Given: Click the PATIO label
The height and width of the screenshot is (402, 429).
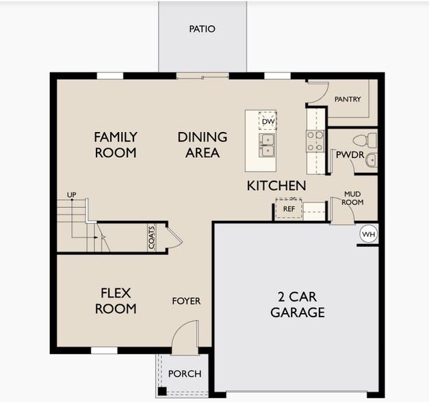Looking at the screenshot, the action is [203, 29].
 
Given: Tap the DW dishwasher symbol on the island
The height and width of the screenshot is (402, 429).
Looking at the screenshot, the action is [268, 120].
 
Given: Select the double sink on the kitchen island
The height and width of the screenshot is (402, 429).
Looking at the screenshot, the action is [267, 145].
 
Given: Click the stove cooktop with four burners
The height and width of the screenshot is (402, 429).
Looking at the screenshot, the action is [315, 141].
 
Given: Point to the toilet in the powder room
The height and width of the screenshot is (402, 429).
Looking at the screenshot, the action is [365, 140].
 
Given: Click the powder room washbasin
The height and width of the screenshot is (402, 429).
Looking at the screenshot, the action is [372, 160].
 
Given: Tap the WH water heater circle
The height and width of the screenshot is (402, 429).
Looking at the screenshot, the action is [369, 234].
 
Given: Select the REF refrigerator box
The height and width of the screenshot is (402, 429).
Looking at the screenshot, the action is [289, 209].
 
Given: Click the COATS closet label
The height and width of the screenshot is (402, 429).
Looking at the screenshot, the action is [152, 238].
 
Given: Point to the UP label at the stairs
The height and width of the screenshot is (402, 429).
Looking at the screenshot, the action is [72, 195].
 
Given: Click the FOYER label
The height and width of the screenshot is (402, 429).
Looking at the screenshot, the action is [186, 301].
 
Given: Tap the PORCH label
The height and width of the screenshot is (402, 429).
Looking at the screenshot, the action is [185, 374].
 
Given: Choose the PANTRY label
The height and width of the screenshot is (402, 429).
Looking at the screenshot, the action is [348, 99].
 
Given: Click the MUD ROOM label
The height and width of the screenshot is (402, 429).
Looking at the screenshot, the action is [352, 198].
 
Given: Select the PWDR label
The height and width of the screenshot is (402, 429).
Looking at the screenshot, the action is [350, 155].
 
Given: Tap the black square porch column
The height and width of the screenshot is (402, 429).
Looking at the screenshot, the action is [162, 391].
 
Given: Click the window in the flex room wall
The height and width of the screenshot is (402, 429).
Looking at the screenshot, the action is [104, 350].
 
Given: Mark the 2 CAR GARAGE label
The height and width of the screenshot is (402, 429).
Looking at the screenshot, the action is [298, 305].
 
